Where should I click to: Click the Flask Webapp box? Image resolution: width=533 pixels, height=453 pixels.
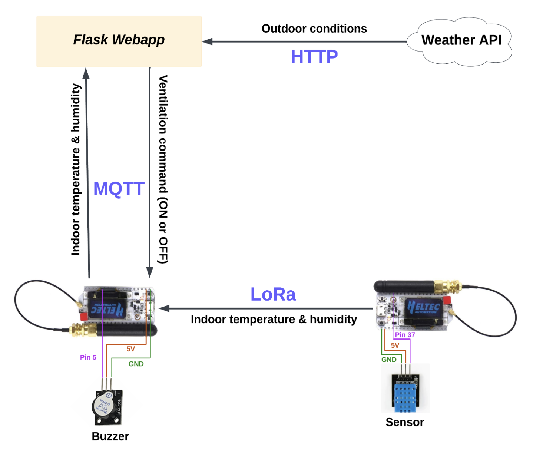click(x=119, y=41)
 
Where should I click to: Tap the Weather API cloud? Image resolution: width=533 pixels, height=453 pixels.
click(x=461, y=41)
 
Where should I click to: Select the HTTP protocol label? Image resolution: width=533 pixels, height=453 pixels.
click(x=314, y=57)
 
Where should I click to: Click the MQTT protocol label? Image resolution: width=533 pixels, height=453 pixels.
click(x=119, y=189)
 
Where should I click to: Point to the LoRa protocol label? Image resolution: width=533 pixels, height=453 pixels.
click(x=273, y=294)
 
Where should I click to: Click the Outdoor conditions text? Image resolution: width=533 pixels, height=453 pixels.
click(x=314, y=29)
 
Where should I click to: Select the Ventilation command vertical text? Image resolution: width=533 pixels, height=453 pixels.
click(x=163, y=169)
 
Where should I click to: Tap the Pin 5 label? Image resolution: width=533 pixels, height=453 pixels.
click(x=88, y=357)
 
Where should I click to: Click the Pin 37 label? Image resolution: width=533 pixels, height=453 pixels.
click(x=405, y=335)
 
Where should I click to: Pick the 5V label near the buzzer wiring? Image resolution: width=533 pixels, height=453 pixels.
click(x=130, y=349)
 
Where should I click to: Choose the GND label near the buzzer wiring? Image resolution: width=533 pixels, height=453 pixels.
click(x=136, y=364)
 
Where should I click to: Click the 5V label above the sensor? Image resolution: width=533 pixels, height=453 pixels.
click(x=395, y=345)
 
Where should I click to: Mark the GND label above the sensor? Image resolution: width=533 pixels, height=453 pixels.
click(x=389, y=360)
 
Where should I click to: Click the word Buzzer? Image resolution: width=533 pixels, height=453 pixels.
click(x=110, y=436)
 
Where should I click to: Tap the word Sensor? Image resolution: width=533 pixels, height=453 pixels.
click(x=404, y=422)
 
